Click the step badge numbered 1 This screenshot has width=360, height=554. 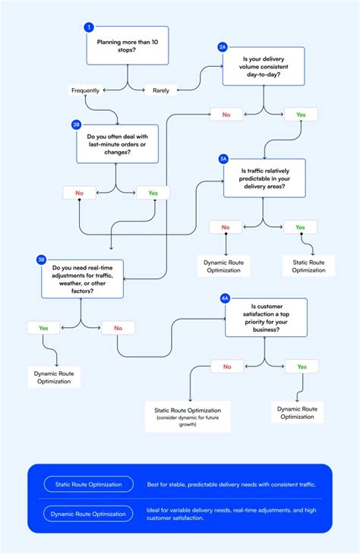pyautogui.click(x=89, y=27)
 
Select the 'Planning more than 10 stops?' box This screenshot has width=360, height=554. pyautogui.click(x=128, y=48)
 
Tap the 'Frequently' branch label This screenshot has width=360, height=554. pyautogui.click(x=85, y=90)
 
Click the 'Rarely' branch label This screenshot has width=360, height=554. pyautogui.click(x=161, y=90)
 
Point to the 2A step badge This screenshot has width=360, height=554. pyautogui.click(x=223, y=47)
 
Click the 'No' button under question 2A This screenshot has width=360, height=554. pyautogui.click(x=226, y=115)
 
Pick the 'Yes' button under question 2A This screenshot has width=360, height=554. pyautogui.click(x=301, y=115)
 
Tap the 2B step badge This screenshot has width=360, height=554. pyautogui.click(x=76, y=124)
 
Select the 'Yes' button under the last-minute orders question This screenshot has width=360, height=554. pyautogui.click(x=153, y=193)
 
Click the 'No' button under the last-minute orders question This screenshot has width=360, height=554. pyautogui.click(x=80, y=193)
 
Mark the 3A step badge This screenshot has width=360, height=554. pyautogui.click(x=223, y=159)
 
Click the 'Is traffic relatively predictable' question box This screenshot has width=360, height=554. pyautogui.click(x=264, y=178)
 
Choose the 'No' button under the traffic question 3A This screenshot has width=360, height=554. pyautogui.click(x=226, y=227)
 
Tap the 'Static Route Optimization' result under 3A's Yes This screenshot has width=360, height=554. pyautogui.click(x=308, y=266)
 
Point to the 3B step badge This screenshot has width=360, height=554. pyautogui.click(x=41, y=260)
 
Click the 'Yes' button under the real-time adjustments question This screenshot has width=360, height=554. pyautogui.click(x=43, y=328)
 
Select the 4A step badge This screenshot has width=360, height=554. pyautogui.click(x=225, y=298)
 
